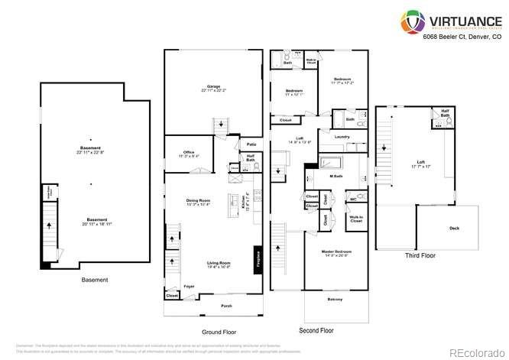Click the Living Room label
219,264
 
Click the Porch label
226,306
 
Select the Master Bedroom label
336,252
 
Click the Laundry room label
342,137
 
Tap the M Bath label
336,176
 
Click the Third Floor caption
420,256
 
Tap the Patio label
251,144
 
